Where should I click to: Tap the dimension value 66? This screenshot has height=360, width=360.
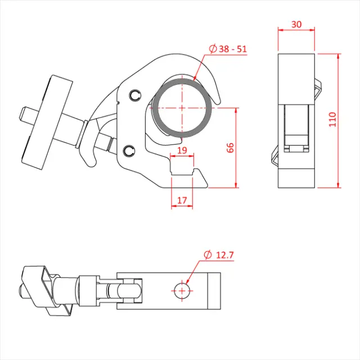tap(230, 147)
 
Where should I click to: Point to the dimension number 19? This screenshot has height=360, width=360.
tap(182, 151)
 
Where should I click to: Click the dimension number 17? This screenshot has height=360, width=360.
tap(182, 199)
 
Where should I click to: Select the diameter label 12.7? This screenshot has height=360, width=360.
tap(224, 255)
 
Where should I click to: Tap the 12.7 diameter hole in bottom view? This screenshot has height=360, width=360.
tap(182, 290)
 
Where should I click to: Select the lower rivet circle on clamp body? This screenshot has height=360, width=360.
tap(129, 150)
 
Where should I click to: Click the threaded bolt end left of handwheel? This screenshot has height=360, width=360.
tap(24, 115)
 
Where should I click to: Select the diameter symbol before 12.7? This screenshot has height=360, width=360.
tap(206, 255)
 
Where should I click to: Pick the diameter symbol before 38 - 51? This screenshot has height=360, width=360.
tap(213, 49)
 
